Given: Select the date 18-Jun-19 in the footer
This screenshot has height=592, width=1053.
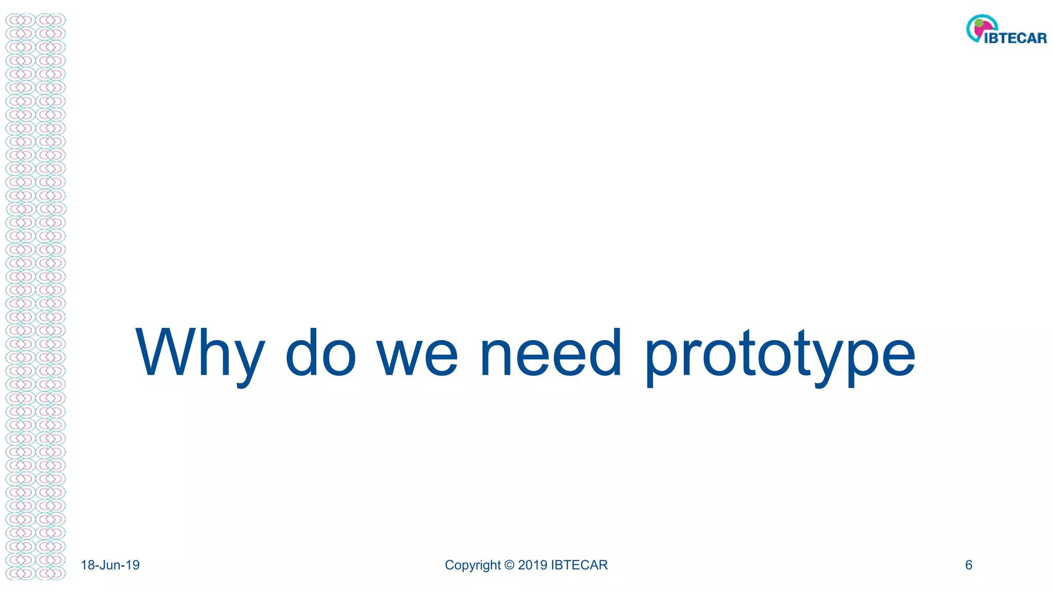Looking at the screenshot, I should pyautogui.click(x=110, y=565).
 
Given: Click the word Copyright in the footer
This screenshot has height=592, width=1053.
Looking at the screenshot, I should pyautogui.click(x=473, y=565).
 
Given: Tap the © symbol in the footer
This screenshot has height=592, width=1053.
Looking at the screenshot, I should pyautogui.click(x=510, y=565).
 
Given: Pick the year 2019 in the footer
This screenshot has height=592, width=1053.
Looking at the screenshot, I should pyautogui.click(x=533, y=565).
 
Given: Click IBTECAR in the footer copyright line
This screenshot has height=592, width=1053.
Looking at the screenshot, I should pyautogui.click(x=579, y=565).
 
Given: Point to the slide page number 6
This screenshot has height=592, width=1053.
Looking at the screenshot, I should pyautogui.click(x=969, y=565).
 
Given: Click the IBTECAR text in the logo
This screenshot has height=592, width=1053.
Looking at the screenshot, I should pyautogui.click(x=1015, y=38).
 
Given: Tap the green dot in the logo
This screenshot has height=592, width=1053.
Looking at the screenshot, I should pyautogui.click(x=979, y=23).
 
